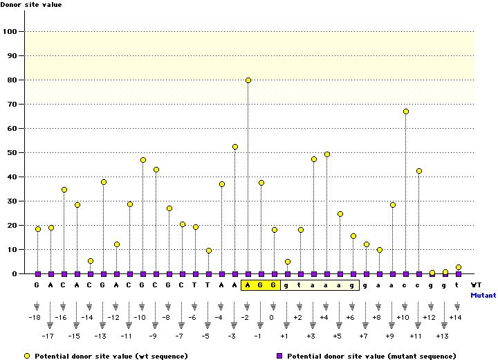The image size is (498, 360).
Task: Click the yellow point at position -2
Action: tap(248, 80)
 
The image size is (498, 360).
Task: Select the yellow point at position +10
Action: tap(406, 111)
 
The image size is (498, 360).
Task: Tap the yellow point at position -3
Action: tap(235, 147)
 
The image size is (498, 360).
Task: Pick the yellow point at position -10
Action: tap(143, 160)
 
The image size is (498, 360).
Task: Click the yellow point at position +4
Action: tap(327, 154)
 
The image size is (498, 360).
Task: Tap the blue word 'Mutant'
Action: tap(483, 295)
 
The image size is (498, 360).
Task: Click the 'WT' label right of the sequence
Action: tap(476, 285)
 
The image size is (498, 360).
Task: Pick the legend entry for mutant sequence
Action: tap(367, 356)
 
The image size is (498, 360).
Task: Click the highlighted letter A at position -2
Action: tap(248, 285)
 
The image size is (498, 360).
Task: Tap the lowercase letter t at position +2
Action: tap(301, 285)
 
